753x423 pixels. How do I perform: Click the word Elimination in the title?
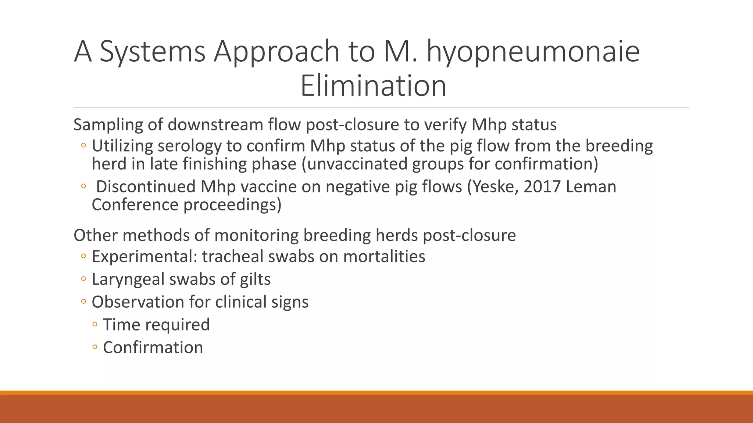[x=373, y=86]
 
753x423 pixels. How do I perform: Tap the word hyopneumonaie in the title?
[x=533, y=51]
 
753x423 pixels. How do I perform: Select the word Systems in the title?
[x=152, y=51]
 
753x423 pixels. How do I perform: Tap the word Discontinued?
[x=146, y=187]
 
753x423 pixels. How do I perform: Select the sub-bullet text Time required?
[x=156, y=325]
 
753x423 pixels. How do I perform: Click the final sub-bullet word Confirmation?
[x=153, y=347]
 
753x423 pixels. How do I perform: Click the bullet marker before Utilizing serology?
[x=83, y=146]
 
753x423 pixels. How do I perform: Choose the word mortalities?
[x=384, y=256]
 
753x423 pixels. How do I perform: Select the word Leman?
[x=591, y=187]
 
